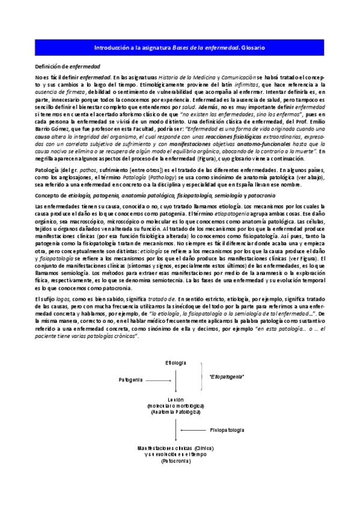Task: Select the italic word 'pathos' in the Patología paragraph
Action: [87, 171]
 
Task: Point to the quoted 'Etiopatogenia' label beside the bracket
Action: [227, 376]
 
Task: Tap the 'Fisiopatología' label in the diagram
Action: [227, 431]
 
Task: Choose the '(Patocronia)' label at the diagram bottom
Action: [175, 461]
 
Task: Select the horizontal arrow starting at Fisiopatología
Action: [192, 431]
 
